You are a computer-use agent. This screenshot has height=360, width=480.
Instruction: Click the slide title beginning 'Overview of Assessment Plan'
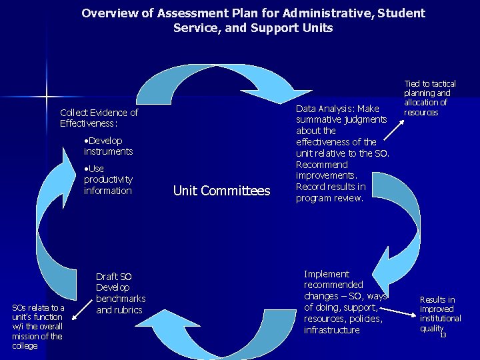coord(253,21)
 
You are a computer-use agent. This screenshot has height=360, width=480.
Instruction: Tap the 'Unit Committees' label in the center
coord(221,191)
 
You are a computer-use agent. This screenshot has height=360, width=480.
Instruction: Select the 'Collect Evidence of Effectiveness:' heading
coord(99,118)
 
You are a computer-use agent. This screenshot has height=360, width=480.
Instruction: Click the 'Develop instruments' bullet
coord(109,146)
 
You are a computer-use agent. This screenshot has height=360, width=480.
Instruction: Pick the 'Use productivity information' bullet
coord(108,179)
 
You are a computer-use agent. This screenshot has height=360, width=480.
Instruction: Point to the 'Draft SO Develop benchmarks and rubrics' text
coord(120,293)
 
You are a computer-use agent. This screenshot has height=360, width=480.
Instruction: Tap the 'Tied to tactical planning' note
coord(430,98)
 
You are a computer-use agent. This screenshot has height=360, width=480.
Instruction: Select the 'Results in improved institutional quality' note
coord(440,314)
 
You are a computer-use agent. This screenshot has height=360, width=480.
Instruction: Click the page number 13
coord(443,335)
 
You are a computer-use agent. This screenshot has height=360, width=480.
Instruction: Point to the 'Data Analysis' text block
coord(341,153)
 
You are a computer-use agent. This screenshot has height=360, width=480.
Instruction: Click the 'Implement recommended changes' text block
coord(344,301)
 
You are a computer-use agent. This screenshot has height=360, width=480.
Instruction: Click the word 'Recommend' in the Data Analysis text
coord(322,165)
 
